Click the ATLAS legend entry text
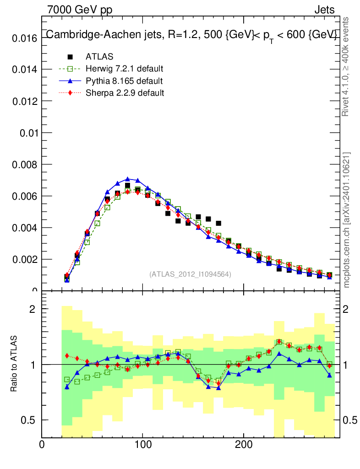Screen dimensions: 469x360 tap(99, 57)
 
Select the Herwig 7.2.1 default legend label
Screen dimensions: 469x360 tap(125, 69)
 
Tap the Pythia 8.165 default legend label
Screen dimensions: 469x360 tap(124, 81)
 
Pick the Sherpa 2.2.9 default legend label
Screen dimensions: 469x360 tap(125, 93)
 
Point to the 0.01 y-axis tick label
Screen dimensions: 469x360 tap(27, 133)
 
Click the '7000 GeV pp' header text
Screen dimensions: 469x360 tap(80, 10)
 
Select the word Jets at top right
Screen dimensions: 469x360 tap(324, 10)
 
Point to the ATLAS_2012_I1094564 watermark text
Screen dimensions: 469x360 tap(190, 274)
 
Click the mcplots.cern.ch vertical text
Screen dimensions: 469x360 tap(347, 220)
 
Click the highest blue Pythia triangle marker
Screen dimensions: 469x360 tap(128, 179)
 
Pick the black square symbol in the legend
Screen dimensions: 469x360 tap(70, 57)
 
